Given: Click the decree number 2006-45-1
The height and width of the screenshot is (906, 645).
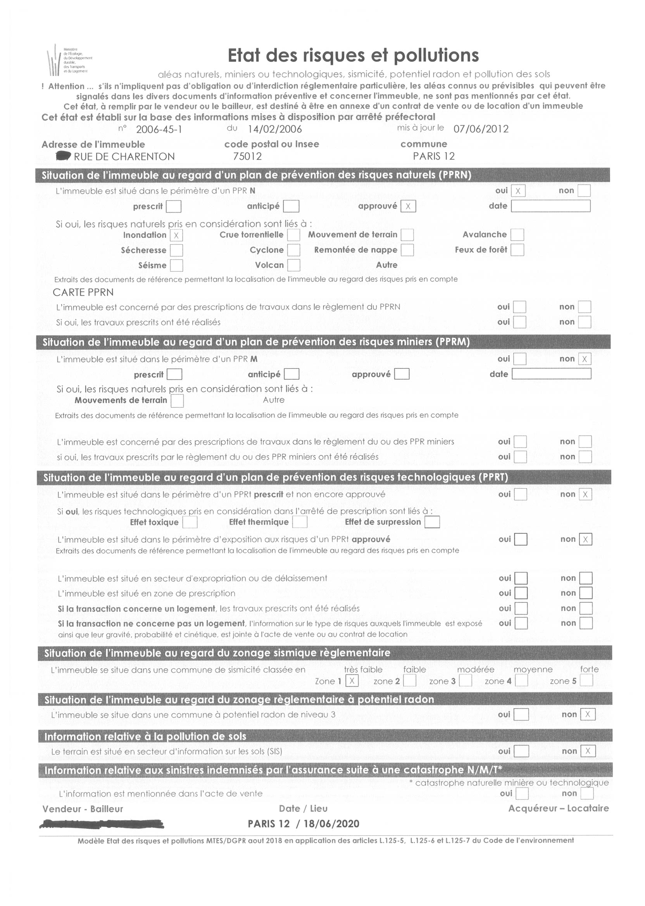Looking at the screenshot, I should pyautogui.click(x=159, y=130).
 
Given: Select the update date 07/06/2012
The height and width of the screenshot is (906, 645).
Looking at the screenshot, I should pyautogui.click(x=481, y=129).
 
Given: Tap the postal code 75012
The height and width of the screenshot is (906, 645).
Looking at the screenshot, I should pyautogui.click(x=247, y=157).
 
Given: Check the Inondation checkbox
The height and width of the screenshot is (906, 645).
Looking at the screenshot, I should pyautogui.click(x=176, y=235).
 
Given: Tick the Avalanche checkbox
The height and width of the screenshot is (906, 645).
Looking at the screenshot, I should pyautogui.click(x=517, y=235).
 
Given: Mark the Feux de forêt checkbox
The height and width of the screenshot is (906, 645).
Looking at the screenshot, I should pyautogui.click(x=517, y=250).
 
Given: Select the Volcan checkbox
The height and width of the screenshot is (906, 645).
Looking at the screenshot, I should pyautogui.click(x=293, y=265).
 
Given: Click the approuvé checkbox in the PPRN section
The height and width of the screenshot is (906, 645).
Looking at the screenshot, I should pyautogui.click(x=408, y=206).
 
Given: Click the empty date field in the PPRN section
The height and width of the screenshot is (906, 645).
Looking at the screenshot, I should pyautogui.click(x=550, y=206).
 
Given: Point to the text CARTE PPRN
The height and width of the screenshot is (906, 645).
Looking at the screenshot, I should pyautogui.click(x=83, y=292).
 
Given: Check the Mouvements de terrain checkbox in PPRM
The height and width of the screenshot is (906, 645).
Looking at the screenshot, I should pyautogui.click(x=177, y=401).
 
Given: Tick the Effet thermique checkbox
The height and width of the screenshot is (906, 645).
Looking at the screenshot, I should pyautogui.click(x=300, y=522).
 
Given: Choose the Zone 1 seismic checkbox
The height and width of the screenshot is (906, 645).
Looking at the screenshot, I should pyautogui.click(x=352, y=681).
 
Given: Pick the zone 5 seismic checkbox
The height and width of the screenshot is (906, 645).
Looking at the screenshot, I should pyautogui.click(x=586, y=681).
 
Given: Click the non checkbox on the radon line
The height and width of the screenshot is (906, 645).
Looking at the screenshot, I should pyautogui.click(x=588, y=714).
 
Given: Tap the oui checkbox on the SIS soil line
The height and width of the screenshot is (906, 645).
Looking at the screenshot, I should pyautogui.click(x=521, y=751).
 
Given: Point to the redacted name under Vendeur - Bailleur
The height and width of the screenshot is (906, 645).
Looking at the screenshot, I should pyautogui.click(x=102, y=824).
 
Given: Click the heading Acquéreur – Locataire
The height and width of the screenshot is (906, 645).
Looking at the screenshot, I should pyautogui.click(x=559, y=808).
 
